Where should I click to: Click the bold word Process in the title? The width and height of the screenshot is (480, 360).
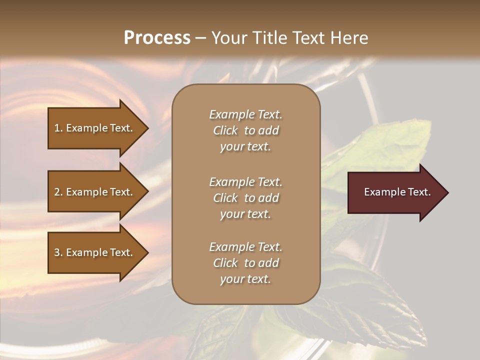click(x=157, y=38)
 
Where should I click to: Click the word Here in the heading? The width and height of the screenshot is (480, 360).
click(x=350, y=38)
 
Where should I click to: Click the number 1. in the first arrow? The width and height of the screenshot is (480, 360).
click(x=58, y=128)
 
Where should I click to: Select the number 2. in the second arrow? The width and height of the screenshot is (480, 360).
click(x=58, y=192)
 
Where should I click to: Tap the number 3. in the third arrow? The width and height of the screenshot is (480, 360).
click(x=58, y=252)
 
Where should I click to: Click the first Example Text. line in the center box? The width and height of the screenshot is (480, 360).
click(x=245, y=114)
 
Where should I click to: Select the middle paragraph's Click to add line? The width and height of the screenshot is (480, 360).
click(x=245, y=198)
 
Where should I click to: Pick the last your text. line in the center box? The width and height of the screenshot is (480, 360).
click(x=245, y=279)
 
